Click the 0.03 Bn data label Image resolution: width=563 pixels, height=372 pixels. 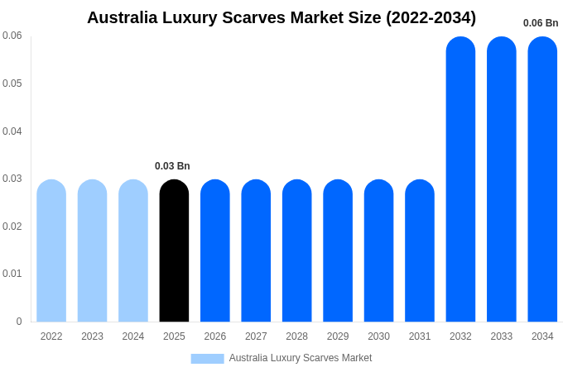(x=172, y=166)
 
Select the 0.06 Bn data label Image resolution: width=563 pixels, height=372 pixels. (x=541, y=23)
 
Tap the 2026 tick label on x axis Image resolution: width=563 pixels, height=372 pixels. (x=215, y=336)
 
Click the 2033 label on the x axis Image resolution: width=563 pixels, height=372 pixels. (x=502, y=336)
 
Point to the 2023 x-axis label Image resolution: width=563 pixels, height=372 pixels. (x=92, y=336)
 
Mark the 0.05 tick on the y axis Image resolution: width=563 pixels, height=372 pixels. (x=12, y=83)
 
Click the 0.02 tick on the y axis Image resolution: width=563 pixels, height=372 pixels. (x=12, y=227)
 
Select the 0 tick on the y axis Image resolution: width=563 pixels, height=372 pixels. (x=19, y=322)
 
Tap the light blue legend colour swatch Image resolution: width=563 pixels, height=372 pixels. (x=207, y=358)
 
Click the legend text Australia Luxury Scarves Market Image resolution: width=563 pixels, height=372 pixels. (x=301, y=358)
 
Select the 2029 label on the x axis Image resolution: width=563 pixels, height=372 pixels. (x=338, y=336)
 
